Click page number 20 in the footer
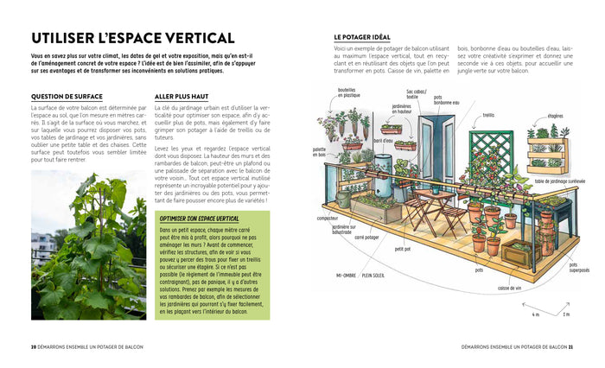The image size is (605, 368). tap(34, 346)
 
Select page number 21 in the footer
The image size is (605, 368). tap(571, 346)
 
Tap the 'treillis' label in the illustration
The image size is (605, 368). tap(489, 115)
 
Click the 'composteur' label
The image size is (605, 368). tap(328, 219)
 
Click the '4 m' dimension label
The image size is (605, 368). tap(536, 315)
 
